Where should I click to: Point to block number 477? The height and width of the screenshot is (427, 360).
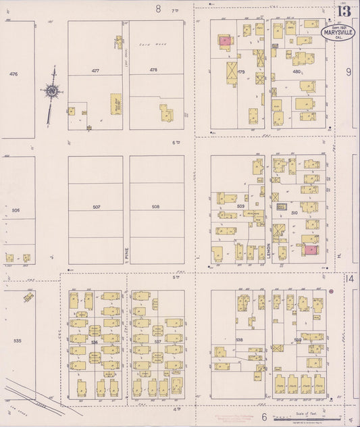tap(95, 70)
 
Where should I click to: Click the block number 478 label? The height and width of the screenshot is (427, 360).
tap(154, 70)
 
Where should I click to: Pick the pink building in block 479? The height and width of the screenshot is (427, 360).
tap(224, 41)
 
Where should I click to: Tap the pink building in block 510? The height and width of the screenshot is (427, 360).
tap(309, 250)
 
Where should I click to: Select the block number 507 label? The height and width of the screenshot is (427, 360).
tap(96, 207)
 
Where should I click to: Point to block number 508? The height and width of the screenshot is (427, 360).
tap(156, 207)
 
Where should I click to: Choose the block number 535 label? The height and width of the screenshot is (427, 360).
tap(17, 341)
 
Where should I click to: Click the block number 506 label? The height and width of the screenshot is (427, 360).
tap(16, 210)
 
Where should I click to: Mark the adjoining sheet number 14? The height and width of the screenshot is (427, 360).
tap(349, 278)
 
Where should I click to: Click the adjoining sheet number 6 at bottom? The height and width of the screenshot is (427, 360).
tap(264, 418)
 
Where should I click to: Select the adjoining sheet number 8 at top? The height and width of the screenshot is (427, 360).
tap(159, 9)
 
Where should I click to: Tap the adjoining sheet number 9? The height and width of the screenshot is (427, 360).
tap(349, 72)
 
